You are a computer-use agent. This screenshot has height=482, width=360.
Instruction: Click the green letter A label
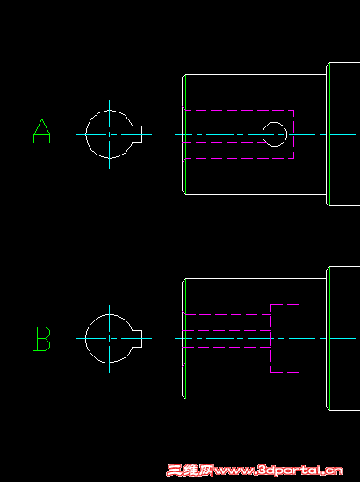pos(41,131)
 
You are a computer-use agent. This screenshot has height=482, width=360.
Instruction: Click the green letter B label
pos(42,339)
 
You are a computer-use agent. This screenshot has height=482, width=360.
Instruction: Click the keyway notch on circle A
pos(138,134)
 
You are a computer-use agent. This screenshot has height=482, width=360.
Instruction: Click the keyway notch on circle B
pos(138,339)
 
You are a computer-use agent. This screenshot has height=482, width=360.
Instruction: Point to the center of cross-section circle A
pos(109,134)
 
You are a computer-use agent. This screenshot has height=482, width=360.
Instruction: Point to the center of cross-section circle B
pos(109,338)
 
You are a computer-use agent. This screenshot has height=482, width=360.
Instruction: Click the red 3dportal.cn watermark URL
pos(278,471)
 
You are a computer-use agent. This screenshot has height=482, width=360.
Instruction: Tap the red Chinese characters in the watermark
pos(190,471)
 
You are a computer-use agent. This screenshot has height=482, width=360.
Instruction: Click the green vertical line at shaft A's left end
pos(185,134)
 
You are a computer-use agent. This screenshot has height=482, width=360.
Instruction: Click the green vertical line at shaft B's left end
pos(185,339)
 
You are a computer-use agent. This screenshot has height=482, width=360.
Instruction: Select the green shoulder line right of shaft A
pos(329,134)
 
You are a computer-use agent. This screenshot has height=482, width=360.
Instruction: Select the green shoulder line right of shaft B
pos(329,338)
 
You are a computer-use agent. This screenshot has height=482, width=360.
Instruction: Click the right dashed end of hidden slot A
pos(294,134)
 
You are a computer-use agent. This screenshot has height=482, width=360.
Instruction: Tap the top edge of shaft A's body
pos(256,74)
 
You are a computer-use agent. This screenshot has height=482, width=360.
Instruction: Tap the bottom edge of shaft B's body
pos(256,399)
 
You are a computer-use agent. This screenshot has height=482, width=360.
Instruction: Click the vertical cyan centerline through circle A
pos(109,134)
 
